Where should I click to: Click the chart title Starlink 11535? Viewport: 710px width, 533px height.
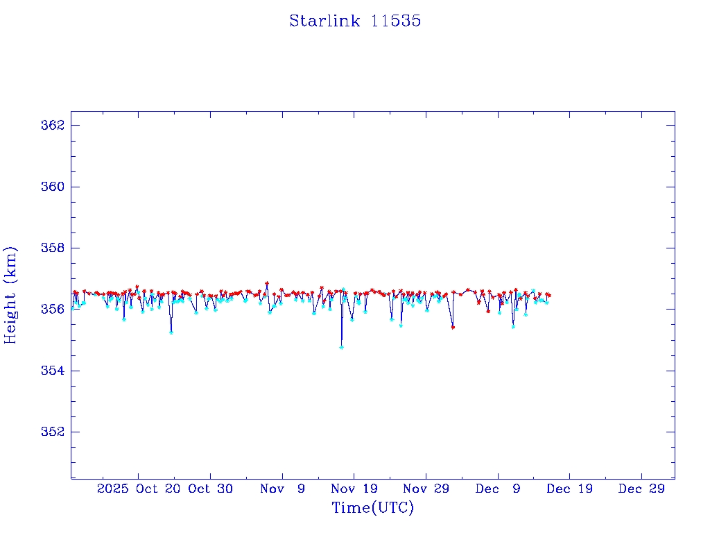[x=355, y=21]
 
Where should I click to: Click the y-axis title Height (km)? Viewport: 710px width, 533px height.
[x=10, y=294]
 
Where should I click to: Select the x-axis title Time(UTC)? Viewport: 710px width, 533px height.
[x=372, y=508]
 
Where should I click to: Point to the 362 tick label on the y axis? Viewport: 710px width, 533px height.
[x=53, y=126]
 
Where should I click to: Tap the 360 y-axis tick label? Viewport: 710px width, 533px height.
[x=53, y=187]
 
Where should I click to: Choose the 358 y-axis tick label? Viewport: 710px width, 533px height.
[x=53, y=248]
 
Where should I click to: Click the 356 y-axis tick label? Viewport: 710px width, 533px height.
[x=53, y=309]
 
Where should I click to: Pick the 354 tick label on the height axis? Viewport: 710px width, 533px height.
[x=53, y=371]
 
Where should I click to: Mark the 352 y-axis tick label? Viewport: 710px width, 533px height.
[x=53, y=432]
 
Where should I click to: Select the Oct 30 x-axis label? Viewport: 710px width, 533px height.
[x=211, y=489]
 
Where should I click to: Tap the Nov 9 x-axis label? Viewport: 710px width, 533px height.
[x=282, y=489]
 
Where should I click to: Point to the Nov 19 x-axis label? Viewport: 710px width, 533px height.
[x=354, y=489]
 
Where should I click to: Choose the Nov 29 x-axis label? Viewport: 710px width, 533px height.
[x=426, y=489]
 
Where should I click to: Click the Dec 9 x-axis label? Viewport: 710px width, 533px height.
[x=498, y=489]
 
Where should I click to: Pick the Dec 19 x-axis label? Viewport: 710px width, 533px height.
[x=569, y=489]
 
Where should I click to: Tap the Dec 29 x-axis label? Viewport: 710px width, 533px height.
[x=641, y=489]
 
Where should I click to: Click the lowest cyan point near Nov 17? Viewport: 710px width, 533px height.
[x=341, y=347]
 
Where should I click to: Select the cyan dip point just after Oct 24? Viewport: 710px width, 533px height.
[x=171, y=332]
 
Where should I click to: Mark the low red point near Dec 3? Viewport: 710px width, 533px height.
[x=453, y=327]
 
